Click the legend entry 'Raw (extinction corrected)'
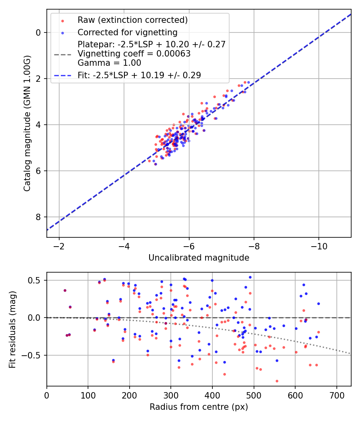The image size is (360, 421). click(x=132, y=20)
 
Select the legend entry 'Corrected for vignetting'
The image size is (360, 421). click(x=128, y=32)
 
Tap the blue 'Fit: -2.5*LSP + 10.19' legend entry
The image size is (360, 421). click(x=139, y=75)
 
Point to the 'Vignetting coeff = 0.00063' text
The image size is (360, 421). click(x=134, y=54)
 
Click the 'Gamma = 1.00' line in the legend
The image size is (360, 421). click(x=109, y=63)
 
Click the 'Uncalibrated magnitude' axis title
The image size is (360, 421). click(x=199, y=258)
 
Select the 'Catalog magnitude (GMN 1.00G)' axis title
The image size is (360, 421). click(x=27, y=123)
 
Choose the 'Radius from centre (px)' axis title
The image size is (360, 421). click(x=199, y=407)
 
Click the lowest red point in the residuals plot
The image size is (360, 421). click(x=277, y=381)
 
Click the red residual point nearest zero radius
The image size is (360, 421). click(x=65, y=290)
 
